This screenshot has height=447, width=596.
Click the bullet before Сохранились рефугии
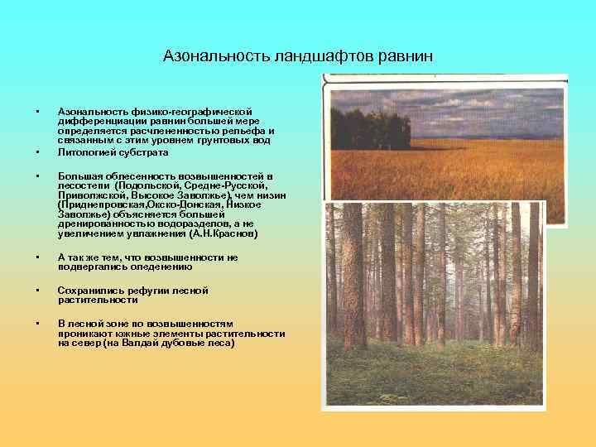point(37,291)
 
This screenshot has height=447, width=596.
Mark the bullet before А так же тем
point(37,257)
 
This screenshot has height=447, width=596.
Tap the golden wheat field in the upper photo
point(464,174)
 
